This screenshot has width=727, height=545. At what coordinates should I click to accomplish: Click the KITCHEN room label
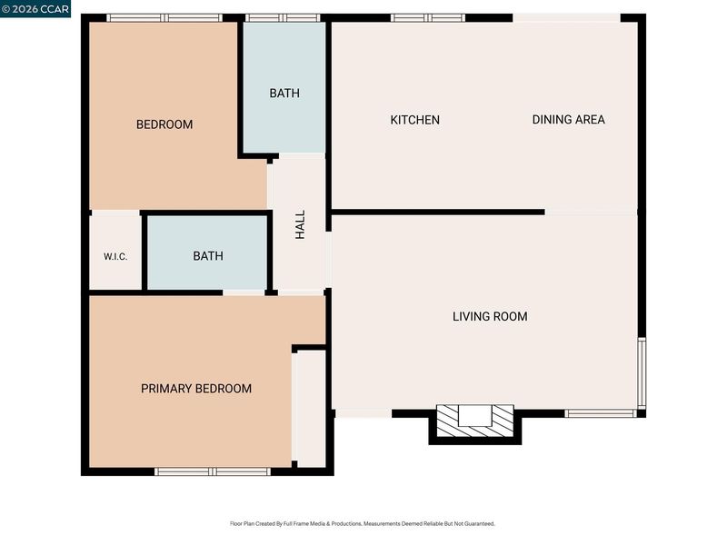(x=415, y=120)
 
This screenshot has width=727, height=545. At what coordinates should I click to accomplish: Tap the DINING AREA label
(x=569, y=120)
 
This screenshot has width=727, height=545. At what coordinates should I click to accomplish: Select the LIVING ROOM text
(x=490, y=316)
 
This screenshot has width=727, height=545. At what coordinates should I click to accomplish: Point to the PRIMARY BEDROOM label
(x=196, y=389)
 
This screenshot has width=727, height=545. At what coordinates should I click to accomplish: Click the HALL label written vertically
(x=301, y=224)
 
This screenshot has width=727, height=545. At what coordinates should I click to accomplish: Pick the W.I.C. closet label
(x=115, y=257)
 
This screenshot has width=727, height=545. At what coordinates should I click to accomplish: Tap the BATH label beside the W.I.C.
(x=208, y=256)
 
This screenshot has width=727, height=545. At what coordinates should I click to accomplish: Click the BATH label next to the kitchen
(x=284, y=94)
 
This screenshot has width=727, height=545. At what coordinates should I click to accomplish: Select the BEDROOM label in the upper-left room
(x=164, y=124)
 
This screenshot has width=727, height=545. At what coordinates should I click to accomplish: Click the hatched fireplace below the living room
(x=475, y=421)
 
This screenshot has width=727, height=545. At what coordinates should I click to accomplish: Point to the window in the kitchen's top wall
(x=427, y=18)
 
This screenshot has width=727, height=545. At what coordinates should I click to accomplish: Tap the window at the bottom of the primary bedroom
(x=213, y=471)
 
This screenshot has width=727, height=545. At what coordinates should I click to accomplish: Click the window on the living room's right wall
(x=642, y=373)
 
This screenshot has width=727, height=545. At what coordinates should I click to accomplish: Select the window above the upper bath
(x=283, y=18)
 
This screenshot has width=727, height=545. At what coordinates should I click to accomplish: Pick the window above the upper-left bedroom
(x=164, y=18)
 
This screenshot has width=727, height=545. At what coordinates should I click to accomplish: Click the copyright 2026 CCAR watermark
(x=35, y=9)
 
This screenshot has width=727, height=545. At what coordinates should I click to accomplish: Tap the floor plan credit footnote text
(x=363, y=524)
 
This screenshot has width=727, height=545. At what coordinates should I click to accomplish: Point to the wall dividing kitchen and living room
(x=438, y=213)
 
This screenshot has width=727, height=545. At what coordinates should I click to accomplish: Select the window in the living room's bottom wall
(x=602, y=413)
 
